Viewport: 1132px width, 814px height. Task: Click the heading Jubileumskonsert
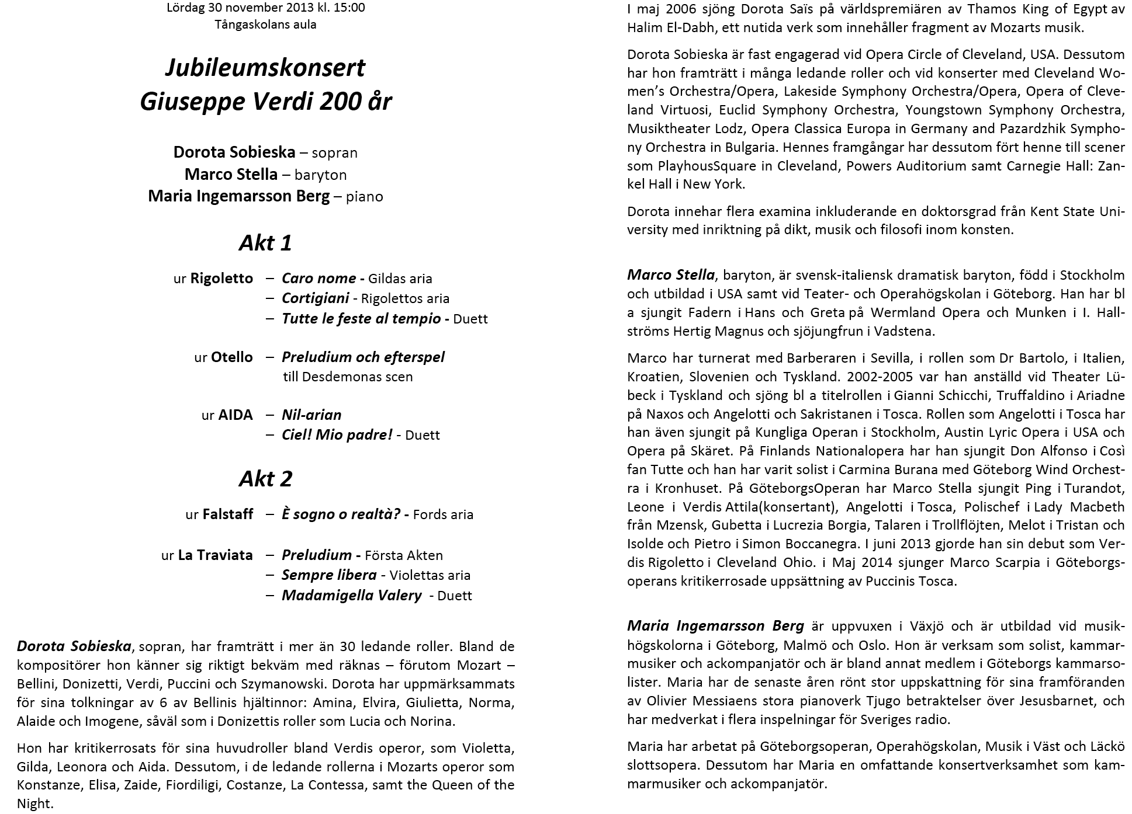click(265, 68)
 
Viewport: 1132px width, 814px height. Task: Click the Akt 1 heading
click(265, 242)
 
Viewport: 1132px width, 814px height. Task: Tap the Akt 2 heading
click(265, 479)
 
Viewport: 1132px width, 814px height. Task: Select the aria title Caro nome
click(319, 279)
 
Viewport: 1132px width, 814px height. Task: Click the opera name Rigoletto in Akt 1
click(221, 279)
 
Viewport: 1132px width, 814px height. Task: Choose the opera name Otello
click(231, 357)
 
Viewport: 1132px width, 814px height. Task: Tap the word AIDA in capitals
click(236, 415)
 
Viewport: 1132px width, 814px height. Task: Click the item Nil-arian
click(311, 415)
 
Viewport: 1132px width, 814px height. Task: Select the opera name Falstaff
click(227, 514)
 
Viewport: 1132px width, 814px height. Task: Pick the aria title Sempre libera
click(328, 575)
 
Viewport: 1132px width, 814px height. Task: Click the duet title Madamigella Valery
click(351, 596)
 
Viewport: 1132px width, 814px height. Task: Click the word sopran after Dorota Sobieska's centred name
click(334, 153)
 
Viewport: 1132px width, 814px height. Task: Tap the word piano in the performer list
click(364, 196)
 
